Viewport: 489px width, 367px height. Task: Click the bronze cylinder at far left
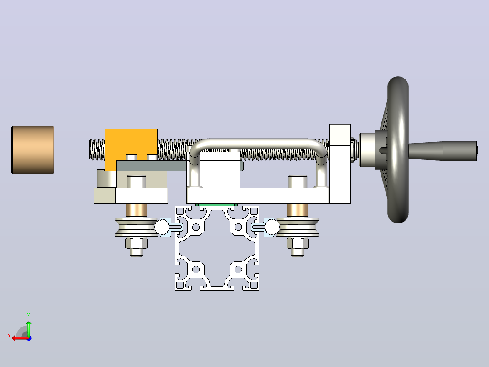(x=33, y=149)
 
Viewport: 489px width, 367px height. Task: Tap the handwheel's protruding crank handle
(x=443, y=151)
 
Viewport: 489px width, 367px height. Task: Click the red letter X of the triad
(x=9, y=336)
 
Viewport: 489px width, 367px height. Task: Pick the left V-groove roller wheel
(x=136, y=227)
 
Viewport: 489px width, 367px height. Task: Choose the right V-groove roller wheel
(x=298, y=227)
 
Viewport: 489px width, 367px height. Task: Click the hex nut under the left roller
(x=136, y=243)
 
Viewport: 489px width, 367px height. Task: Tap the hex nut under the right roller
(x=298, y=243)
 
